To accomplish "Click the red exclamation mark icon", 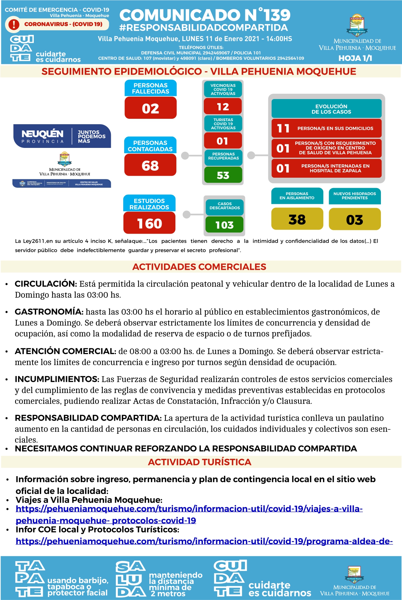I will coord(14,24).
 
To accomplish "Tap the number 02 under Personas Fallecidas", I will coord(150,108).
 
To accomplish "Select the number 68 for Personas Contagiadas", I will coord(150,165).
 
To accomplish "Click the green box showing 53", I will coord(223,175).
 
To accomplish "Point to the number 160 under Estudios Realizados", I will coord(149,223).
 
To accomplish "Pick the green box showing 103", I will coord(224,225).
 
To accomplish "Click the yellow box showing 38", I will coord(297,219).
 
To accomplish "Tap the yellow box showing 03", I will coord(354,220).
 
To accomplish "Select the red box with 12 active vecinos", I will coord(223,107).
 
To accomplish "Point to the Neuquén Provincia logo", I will coord(62,136).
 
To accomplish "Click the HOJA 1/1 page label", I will coord(355,58).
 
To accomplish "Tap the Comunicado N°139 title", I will coord(205,15).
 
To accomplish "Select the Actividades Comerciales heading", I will coord(199,267).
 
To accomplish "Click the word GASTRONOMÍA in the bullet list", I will coord(49,312).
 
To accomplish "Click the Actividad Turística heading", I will coord(199,462).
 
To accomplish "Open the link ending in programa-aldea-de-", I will coord(204,541).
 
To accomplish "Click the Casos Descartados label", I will coord(225,206).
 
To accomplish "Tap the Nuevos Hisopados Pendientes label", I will coord(354,196).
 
